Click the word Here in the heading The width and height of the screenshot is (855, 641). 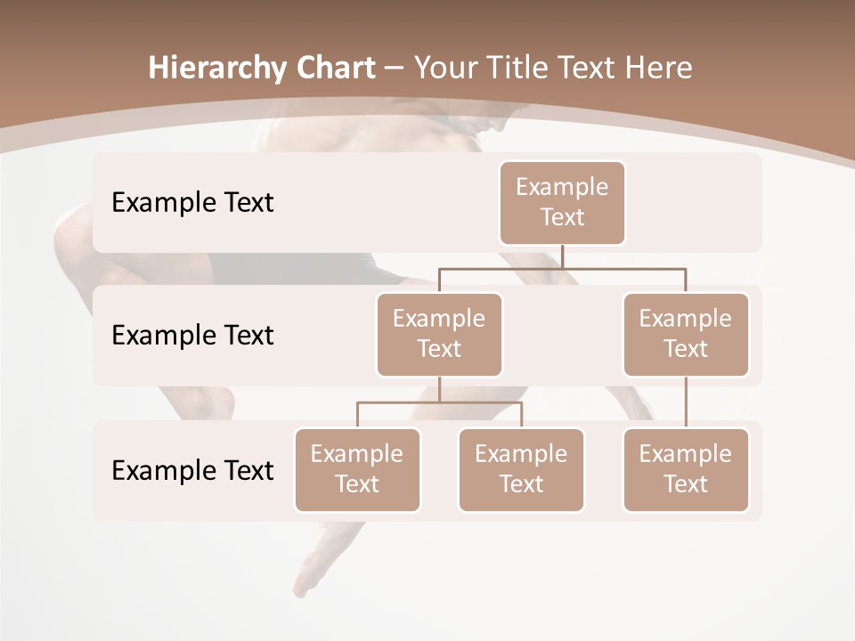[x=657, y=68]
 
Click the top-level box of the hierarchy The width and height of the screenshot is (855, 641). [x=562, y=202]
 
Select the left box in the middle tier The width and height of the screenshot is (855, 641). [x=439, y=334]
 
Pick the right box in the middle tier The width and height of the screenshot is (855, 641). [x=686, y=334]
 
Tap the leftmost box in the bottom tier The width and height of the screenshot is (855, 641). [x=357, y=469]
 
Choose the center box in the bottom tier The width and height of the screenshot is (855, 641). [x=521, y=469]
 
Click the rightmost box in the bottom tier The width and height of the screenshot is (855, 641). [x=686, y=469]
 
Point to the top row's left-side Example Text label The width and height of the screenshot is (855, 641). [x=192, y=202]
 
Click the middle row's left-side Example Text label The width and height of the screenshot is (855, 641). [x=192, y=335]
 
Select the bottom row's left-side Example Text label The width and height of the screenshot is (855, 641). [x=192, y=470]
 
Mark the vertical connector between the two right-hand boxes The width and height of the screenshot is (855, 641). [x=686, y=402]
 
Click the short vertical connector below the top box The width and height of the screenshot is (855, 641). [x=562, y=256]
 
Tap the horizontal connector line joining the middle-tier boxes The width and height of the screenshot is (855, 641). [x=562, y=268]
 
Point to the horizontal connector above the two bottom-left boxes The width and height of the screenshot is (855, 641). [x=439, y=402]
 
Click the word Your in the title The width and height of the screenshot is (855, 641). [x=443, y=68]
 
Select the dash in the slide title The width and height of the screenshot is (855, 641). [x=395, y=68]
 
